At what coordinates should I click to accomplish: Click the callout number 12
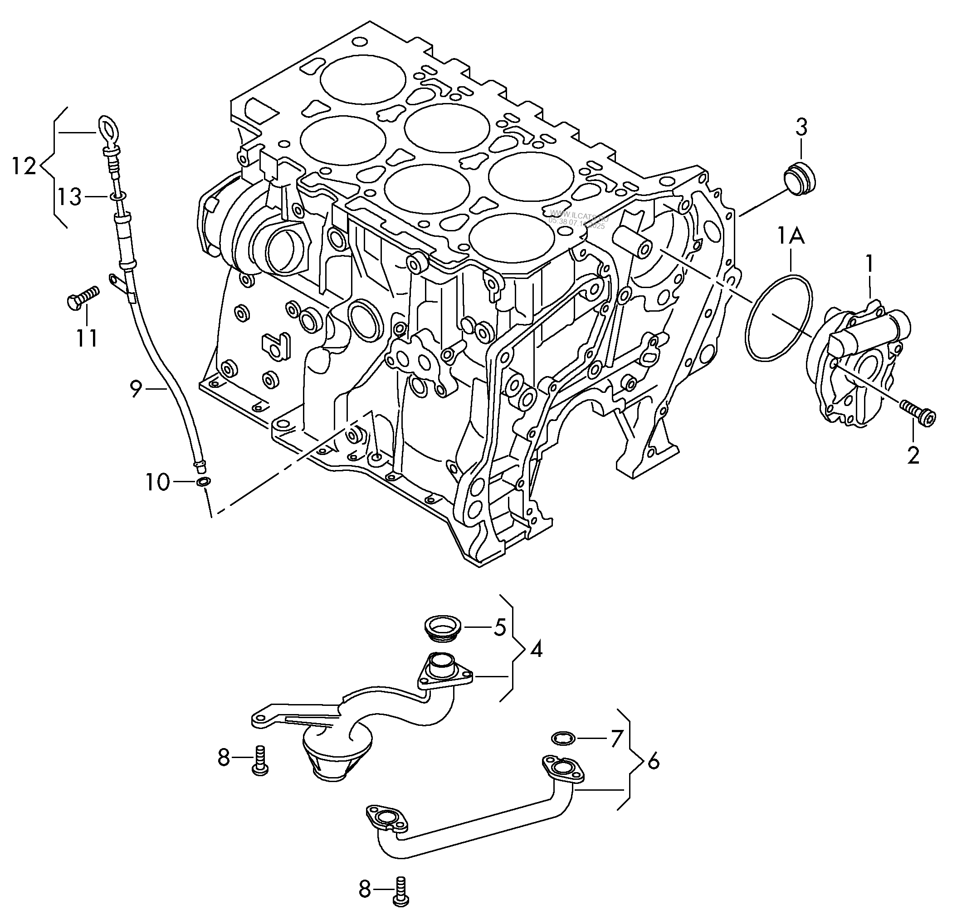pos(24,167)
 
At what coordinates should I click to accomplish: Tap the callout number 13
pos(70,198)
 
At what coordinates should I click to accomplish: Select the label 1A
pos(791,237)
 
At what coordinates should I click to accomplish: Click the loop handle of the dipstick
pos(108,130)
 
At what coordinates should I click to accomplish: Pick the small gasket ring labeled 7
pos(562,739)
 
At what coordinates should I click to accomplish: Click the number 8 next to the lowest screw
pos(365,889)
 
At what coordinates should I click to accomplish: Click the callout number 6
pos(653,761)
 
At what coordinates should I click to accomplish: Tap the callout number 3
pos(801,128)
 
